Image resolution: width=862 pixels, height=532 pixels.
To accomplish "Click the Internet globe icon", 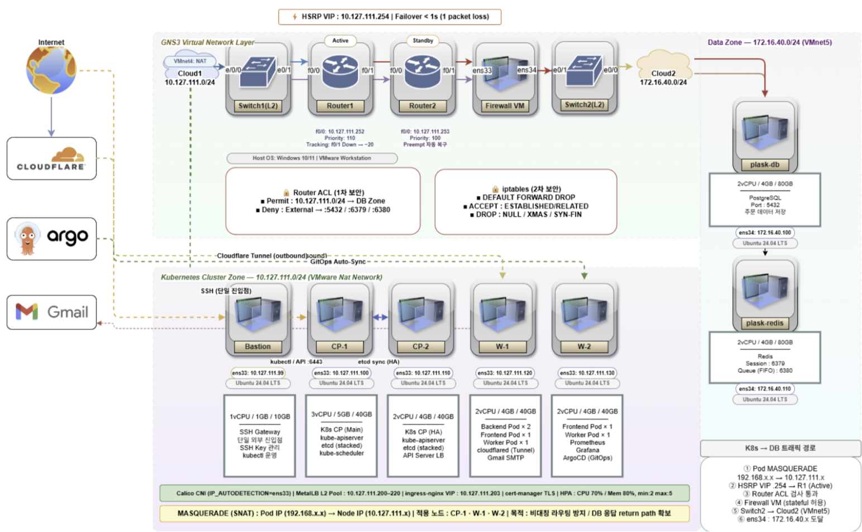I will click(51, 70).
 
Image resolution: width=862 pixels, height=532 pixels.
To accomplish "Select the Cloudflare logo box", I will click(51, 158).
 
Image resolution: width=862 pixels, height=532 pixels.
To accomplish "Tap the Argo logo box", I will click(51, 239).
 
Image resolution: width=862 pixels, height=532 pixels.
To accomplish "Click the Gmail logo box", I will click(51, 312).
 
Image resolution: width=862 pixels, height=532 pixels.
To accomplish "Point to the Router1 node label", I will click(339, 106).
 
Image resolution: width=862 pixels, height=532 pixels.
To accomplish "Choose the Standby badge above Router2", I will click(423, 41).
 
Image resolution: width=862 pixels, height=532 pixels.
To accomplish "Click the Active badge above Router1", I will click(340, 41).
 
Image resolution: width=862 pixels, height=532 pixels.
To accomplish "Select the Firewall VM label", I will click(505, 106).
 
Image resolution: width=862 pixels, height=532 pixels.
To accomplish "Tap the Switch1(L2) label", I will click(258, 106).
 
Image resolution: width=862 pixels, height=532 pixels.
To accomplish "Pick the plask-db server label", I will click(764, 165).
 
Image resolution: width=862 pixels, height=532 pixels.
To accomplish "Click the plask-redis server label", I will click(764, 323).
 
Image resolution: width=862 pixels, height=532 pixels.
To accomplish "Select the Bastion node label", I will click(257, 346).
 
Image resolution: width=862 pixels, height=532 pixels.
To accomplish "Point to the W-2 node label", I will click(584, 346).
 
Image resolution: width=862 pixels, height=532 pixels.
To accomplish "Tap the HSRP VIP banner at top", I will click(390, 17).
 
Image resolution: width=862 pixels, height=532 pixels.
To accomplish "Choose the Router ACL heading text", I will click(328, 192).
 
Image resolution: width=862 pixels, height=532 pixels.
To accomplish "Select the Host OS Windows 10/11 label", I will click(312, 158).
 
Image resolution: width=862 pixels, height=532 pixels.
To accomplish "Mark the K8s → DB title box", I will click(780, 448).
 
